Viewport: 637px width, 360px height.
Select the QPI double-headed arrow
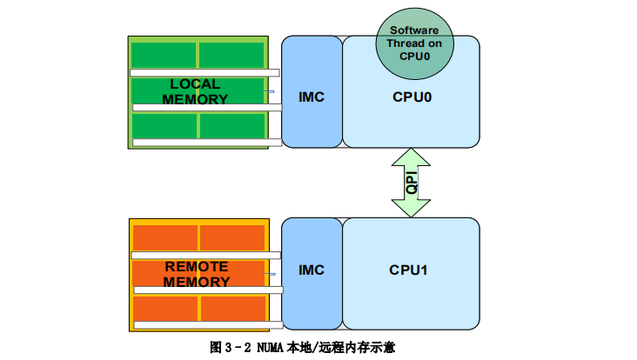point(411,183)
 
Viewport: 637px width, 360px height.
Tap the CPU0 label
point(412,97)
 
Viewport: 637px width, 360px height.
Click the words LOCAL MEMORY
point(195,91)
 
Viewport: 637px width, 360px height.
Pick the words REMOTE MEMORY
point(197,274)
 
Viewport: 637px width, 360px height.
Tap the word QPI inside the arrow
point(412,183)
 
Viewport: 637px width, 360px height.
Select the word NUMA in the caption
point(270,346)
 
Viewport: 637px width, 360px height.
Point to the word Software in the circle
point(415,30)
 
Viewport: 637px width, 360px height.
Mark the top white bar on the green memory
point(205,73)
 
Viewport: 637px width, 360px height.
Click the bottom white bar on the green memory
point(207,143)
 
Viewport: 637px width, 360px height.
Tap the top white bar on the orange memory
point(205,255)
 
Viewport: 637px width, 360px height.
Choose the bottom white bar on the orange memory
point(207,324)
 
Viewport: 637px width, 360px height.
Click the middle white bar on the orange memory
point(207,290)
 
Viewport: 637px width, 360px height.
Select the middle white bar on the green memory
point(207,108)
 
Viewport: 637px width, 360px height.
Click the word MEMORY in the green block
point(195,99)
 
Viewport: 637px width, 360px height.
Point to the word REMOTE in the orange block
point(197,267)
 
